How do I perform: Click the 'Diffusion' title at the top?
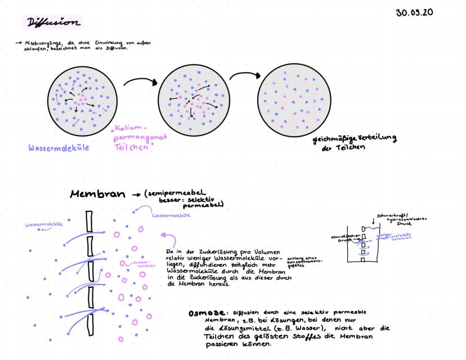[x=52, y=23]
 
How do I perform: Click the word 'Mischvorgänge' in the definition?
[x=40, y=43]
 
